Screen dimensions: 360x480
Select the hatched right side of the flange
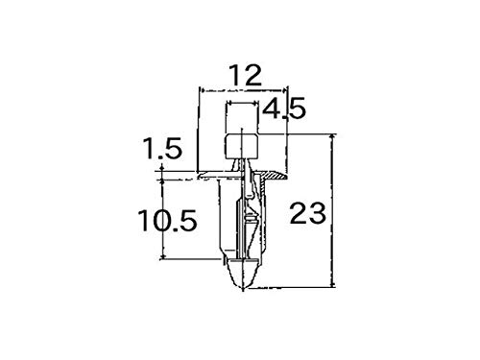pyautogui.click(x=276, y=177)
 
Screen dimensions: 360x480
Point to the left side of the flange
pyautogui.click(x=209, y=177)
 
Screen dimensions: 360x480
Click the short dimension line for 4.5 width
pyautogui.click(x=242, y=102)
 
